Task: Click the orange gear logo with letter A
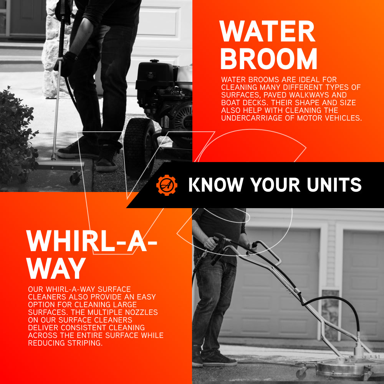point(167,185)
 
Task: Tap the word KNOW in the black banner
point(216,185)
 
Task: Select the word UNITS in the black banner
point(334,185)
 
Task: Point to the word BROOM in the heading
point(269,59)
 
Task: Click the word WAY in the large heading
point(56,268)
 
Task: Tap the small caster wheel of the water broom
point(75,179)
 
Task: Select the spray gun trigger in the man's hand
point(218,247)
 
